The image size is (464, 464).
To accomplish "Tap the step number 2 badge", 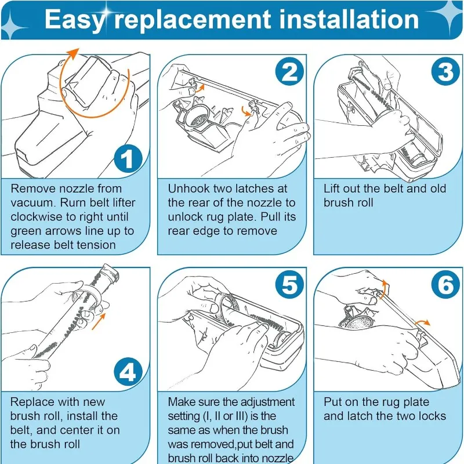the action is tap(289, 71).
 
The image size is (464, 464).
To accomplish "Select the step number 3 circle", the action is tap(445, 71).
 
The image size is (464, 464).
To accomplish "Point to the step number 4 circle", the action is tap(128, 372).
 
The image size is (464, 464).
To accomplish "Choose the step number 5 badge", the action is tap(289, 284).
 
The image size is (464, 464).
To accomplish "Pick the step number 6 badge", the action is tap(445, 284).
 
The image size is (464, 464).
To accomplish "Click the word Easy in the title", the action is tap(75, 20).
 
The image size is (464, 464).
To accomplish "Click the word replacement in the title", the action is tap(193, 20).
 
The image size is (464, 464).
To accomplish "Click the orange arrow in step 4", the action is tap(99, 322).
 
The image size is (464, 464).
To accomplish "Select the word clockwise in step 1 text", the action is tap(36, 216).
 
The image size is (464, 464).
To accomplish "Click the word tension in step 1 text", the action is tap(96, 245).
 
